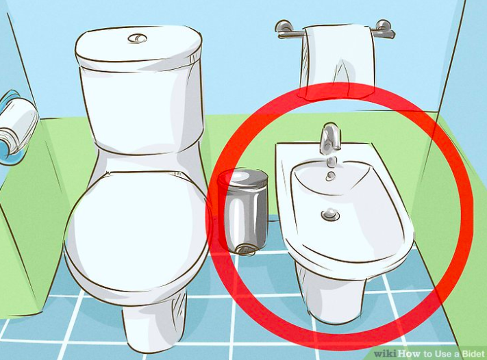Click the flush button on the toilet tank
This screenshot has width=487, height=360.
coord(137,38)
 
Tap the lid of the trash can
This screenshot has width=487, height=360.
coord(243,179)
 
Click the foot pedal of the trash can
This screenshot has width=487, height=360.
coord(245,250)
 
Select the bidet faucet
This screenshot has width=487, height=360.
coord(330,138)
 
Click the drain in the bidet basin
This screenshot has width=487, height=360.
coord(330,214)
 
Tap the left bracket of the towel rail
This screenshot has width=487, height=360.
coord(284,29)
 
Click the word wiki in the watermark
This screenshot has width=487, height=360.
coord(385,354)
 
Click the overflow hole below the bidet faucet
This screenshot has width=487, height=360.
coord(330,177)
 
